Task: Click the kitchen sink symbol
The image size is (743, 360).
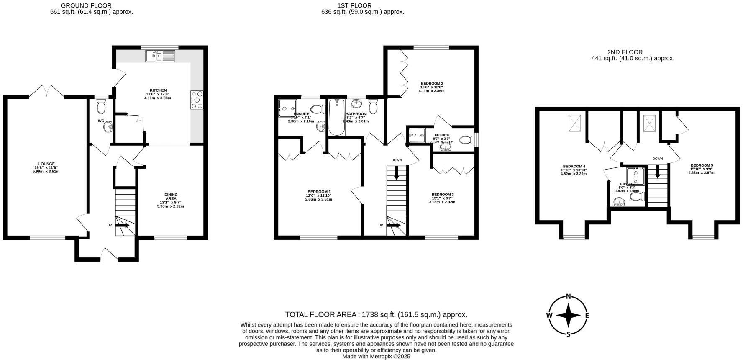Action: [x=160, y=56]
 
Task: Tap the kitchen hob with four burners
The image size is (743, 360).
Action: [x=197, y=100]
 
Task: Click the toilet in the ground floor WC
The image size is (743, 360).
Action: [x=101, y=108]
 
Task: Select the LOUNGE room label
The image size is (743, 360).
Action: [x=46, y=164]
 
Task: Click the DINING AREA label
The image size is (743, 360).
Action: [x=171, y=197]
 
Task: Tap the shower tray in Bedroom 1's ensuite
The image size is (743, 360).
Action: [x=287, y=108]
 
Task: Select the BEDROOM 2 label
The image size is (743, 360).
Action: [x=432, y=83]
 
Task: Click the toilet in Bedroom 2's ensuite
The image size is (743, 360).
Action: [x=466, y=140]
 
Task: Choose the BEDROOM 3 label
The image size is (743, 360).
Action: [x=443, y=195]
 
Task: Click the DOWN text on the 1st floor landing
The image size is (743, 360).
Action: [x=397, y=160]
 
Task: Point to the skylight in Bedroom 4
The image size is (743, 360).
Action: [x=575, y=123]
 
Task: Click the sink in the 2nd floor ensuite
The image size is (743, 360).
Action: [x=619, y=203]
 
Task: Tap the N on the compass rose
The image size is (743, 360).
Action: [x=568, y=296]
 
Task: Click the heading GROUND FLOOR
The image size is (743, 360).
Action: [x=86, y=5]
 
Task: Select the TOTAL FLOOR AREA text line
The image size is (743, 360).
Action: [x=376, y=314]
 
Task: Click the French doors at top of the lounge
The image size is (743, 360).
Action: [x=46, y=91]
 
